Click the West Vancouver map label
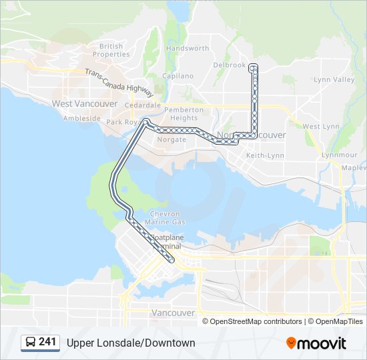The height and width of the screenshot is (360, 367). click(x=85, y=104)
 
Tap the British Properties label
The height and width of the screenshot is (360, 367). click(x=111, y=50)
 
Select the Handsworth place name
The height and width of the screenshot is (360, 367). click(x=188, y=49)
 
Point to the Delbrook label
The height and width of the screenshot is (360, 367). click(x=230, y=65)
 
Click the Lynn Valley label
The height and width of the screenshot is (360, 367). click(x=334, y=80)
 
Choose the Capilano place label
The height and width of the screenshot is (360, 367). click(x=177, y=76)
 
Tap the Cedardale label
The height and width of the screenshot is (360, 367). click(x=143, y=105)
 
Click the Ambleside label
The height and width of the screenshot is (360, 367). click(x=81, y=119)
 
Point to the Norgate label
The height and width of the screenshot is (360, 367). click(x=171, y=140)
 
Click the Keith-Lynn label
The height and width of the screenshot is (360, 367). click(x=266, y=155)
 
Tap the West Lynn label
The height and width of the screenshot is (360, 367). click(x=321, y=127)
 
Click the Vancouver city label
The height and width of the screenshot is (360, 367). click(x=173, y=313)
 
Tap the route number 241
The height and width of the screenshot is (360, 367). click(x=47, y=342)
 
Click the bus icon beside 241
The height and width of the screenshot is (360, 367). click(x=31, y=343)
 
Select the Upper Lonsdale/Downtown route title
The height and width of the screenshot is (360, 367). click(x=131, y=343)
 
